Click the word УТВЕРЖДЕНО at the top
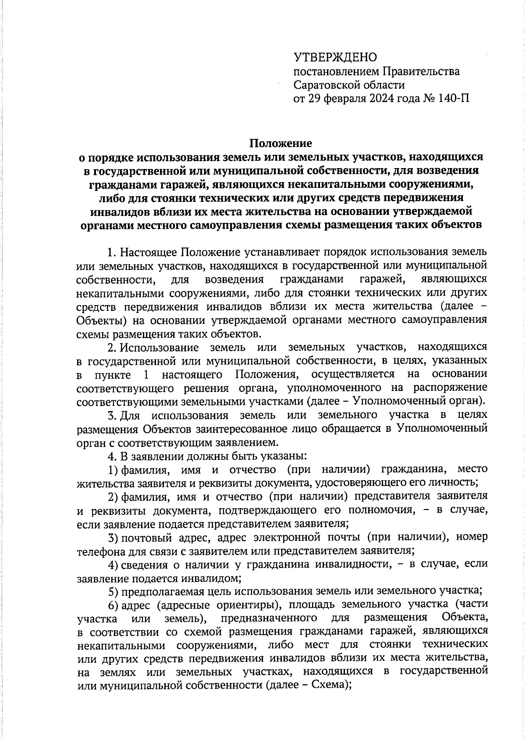[335, 57]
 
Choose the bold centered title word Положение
[281, 143]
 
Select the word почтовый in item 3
[147, 537]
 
